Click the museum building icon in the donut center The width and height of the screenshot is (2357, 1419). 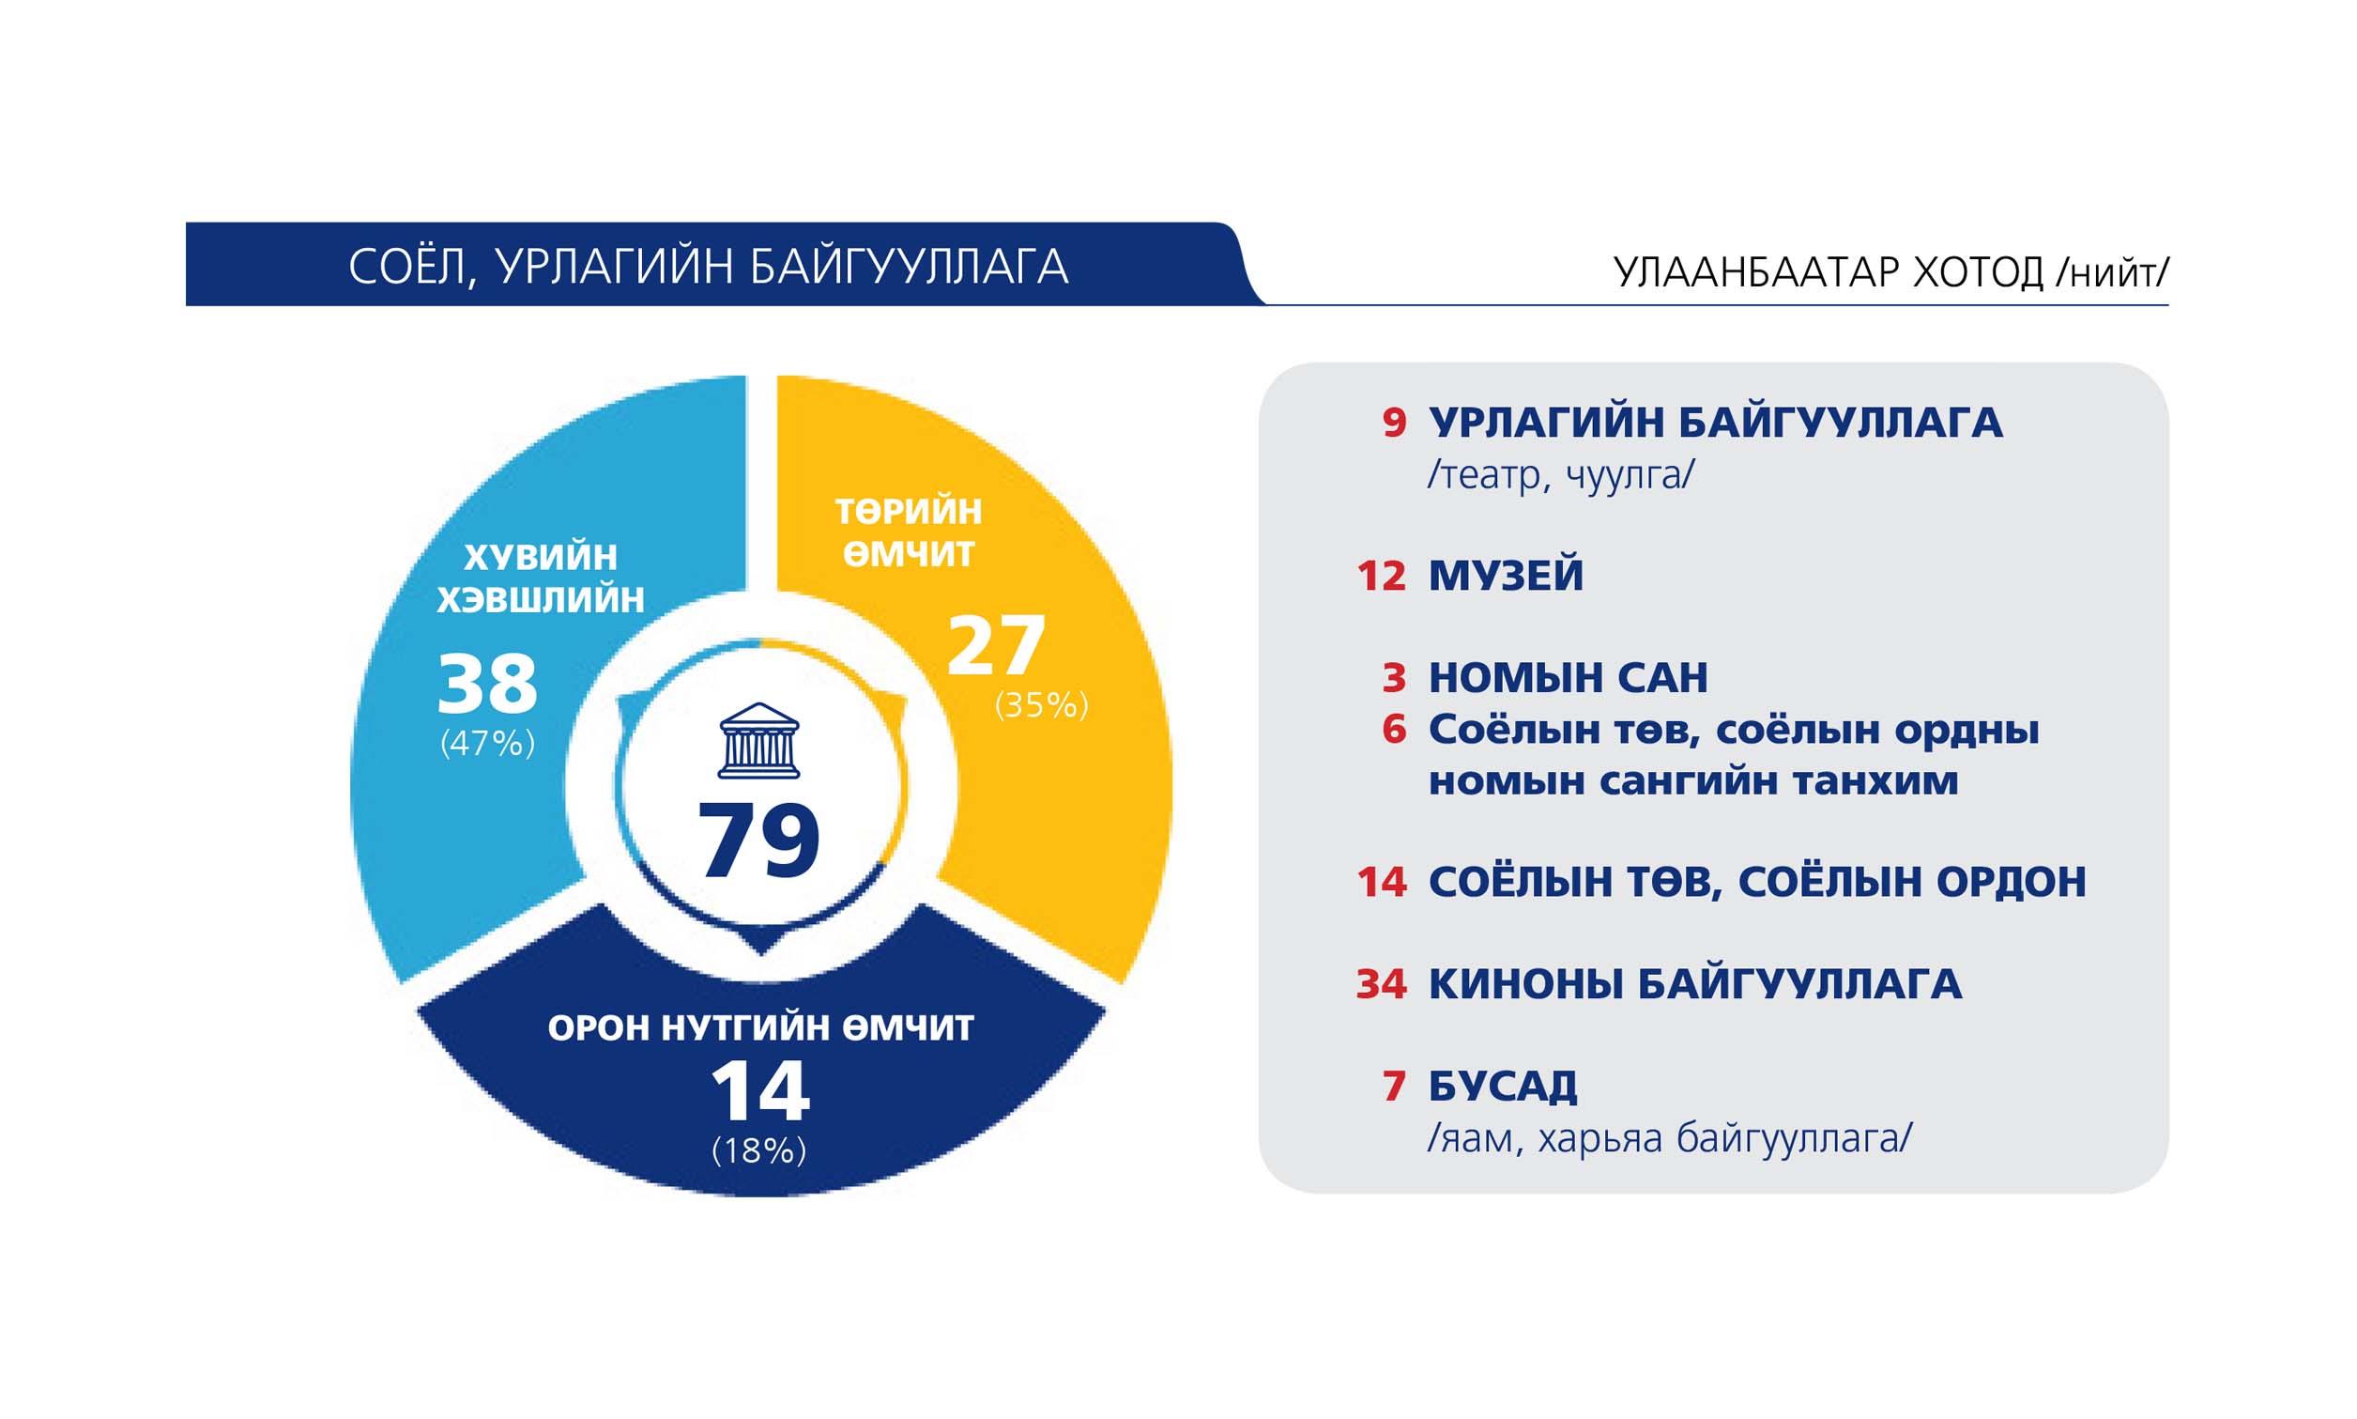tap(758, 741)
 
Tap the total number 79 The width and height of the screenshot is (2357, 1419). tap(758, 841)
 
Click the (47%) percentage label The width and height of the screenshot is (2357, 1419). tap(487, 743)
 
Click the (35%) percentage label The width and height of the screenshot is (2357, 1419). tap(1042, 704)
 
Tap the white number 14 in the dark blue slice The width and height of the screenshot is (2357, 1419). tap(761, 1090)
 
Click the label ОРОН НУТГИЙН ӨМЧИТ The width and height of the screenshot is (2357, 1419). tap(761, 1028)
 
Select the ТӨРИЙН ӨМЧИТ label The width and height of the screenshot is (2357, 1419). tap(909, 532)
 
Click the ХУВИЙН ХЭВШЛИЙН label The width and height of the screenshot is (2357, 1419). tap(541, 578)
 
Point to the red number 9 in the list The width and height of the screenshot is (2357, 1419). tap(1395, 423)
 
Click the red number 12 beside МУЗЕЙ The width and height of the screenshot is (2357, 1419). tap(1381, 576)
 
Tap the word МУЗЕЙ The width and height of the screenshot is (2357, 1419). tap(1506, 576)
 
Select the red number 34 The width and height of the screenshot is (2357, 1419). tap(1381, 984)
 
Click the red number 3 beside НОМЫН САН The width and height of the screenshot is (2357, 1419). tap(1395, 678)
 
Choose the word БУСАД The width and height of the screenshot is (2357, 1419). tap(1503, 1087)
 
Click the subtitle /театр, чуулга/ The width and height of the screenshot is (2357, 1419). tap(1561, 474)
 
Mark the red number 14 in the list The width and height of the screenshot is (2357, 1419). tap(1381, 882)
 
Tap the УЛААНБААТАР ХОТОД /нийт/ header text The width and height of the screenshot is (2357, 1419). tap(1890, 272)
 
